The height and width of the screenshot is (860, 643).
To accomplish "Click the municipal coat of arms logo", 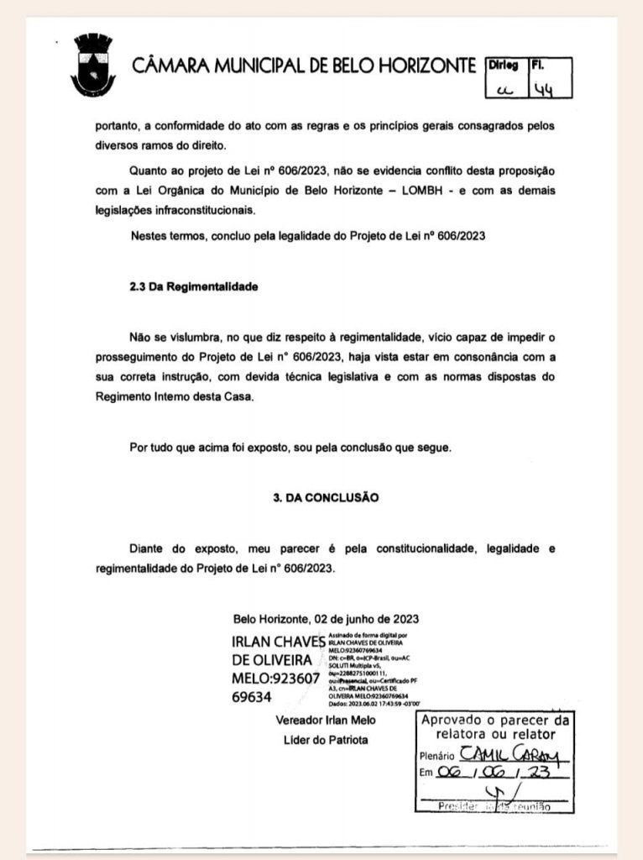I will tap(93, 66).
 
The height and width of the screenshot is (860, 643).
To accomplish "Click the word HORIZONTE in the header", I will tap(423, 66).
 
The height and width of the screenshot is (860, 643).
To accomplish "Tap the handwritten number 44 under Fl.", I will tap(552, 87).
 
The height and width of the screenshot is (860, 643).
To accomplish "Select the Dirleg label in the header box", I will tap(503, 64).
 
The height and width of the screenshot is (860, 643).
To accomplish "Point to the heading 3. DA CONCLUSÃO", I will tap(326, 497).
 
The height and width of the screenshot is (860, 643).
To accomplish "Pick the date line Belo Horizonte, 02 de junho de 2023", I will tap(327, 619).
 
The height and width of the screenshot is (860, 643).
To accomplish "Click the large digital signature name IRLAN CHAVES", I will tap(277, 642).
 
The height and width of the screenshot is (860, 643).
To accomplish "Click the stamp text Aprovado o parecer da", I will tap(494, 721).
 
